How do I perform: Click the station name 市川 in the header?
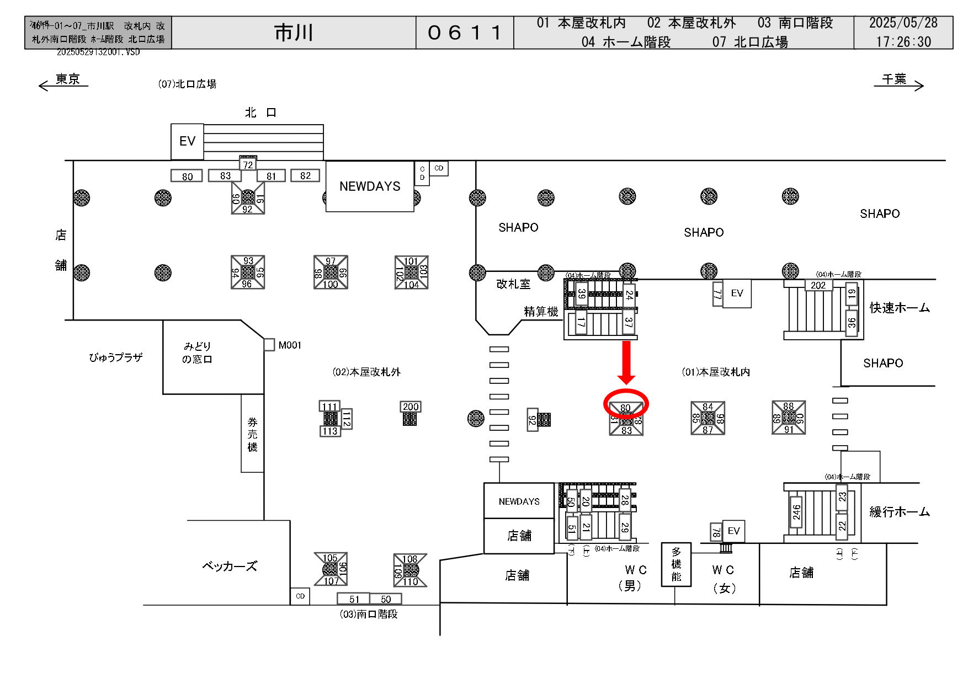tap(294, 33)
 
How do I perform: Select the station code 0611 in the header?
tap(465, 33)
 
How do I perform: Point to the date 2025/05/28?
tap(903, 23)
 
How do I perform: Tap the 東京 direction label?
tap(67, 79)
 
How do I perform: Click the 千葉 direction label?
tap(894, 79)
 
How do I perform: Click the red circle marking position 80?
tap(626, 404)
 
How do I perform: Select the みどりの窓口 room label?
tap(198, 352)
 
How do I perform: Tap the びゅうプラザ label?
tap(116, 357)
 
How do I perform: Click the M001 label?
tap(290, 345)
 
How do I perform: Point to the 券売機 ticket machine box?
tap(252, 434)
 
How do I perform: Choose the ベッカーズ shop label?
tap(230, 567)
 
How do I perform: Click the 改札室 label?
tap(513, 284)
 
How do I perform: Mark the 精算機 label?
tap(541, 312)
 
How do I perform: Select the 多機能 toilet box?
tap(676, 564)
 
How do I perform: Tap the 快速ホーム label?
tap(900, 308)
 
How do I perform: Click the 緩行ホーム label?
tap(900, 512)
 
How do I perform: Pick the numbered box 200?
tap(411, 407)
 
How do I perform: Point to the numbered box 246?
tap(796, 512)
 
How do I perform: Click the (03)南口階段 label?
tap(369, 614)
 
